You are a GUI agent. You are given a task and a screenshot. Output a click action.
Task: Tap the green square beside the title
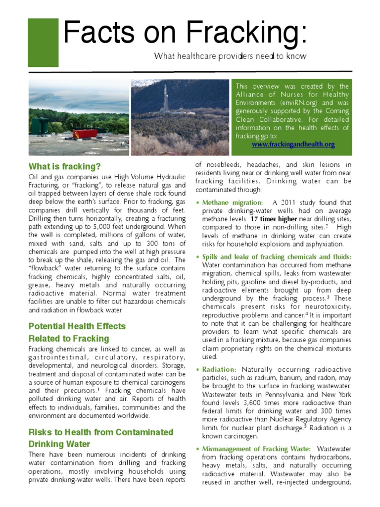click(43, 43)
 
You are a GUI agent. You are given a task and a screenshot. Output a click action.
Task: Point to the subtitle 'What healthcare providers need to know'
click(230, 56)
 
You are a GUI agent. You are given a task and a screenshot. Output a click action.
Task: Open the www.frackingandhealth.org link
click(293, 145)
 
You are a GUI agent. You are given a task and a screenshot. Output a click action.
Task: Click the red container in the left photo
click(85, 134)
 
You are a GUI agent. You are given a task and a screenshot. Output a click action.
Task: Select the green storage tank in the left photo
click(39, 126)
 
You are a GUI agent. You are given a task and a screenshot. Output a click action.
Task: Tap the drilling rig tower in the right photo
click(165, 99)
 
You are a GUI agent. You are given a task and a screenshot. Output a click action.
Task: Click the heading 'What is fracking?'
click(64, 166)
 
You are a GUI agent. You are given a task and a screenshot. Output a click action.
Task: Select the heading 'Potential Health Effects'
click(77, 326)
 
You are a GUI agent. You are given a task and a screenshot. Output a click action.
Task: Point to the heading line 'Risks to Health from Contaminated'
click(100, 432)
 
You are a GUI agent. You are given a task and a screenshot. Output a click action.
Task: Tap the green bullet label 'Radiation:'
click(220, 369)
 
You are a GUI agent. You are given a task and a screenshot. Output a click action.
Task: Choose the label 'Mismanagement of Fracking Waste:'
click(256, 449)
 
